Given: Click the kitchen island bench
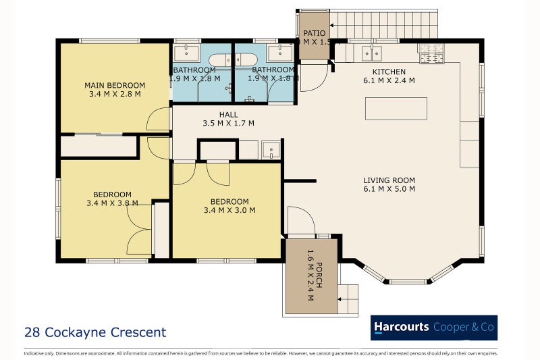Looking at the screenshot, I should [396, 108].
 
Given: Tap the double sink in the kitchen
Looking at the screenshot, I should [371, 53].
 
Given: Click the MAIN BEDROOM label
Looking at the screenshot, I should [115, 85].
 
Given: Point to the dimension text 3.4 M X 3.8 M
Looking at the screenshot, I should [112, 203].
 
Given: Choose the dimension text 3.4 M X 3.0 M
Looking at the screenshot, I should [230, 210].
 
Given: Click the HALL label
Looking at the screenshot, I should [228, 115].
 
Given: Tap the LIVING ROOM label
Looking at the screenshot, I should [389, 180].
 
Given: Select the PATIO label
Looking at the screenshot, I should [314, 33].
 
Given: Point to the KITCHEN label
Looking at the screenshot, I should [389, 72].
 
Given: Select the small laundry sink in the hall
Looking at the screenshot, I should [271, 149].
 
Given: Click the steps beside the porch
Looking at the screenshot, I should [348, 298].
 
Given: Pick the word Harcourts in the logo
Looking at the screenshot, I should [402, 327].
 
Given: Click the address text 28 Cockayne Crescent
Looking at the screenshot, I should [94, 332].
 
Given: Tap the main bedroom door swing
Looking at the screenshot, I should [159, 120].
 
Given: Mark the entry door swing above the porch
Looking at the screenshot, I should [300, 221].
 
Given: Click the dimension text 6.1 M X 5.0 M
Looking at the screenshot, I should [389, 189].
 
